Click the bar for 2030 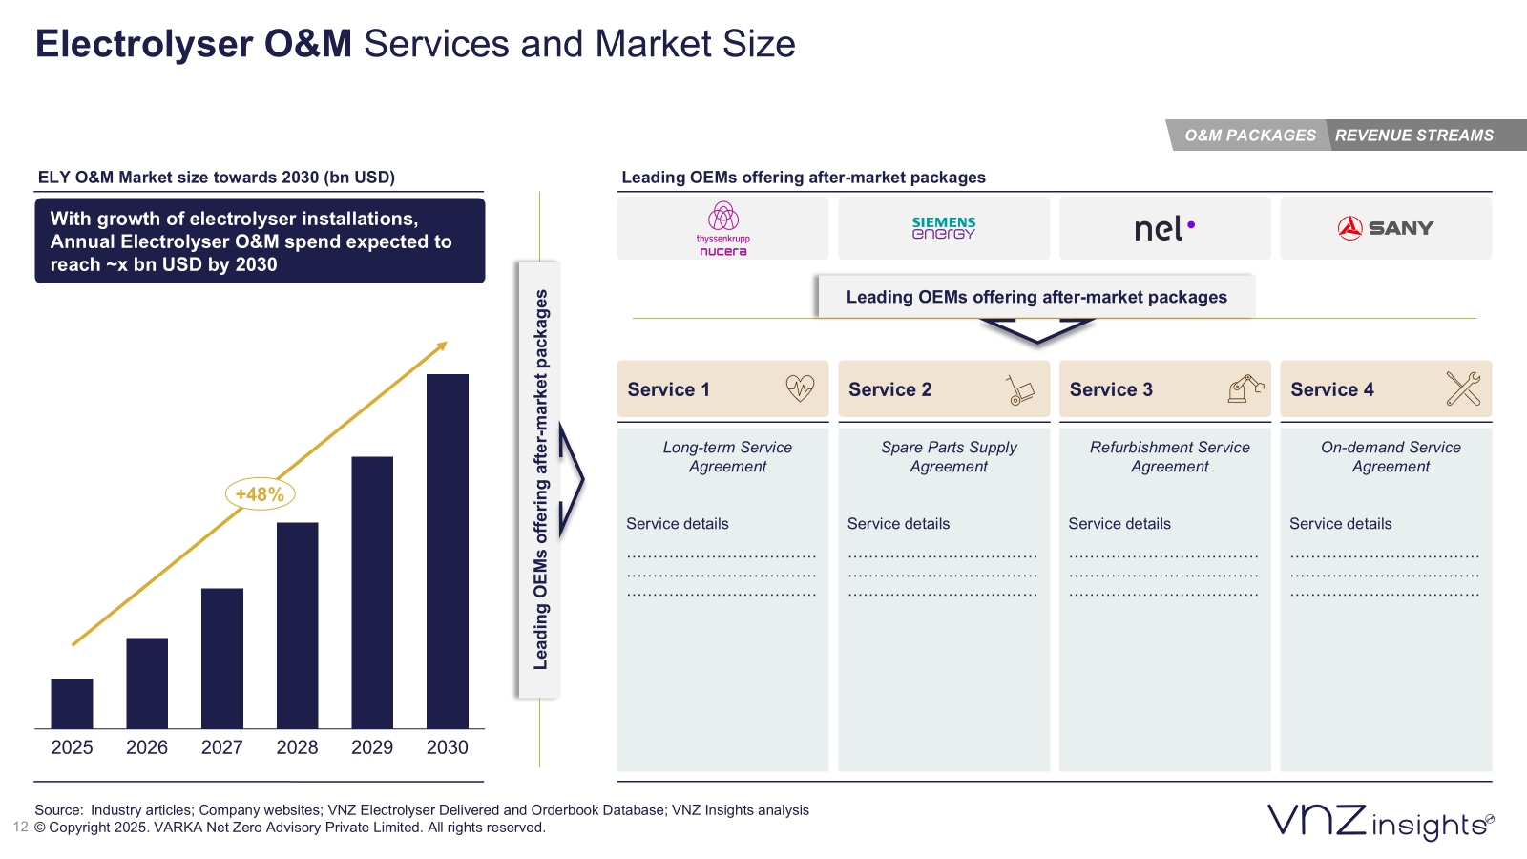(447, 551)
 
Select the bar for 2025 (72, 703)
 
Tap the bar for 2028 (297, 625)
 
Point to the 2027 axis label (221, 747)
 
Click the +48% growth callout (260, 494)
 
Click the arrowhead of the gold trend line (442, 346)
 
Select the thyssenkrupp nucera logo (722, 229)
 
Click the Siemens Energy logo (943, 228)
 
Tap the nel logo (1163, 229)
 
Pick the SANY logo (1385, 228)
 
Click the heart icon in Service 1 (800, 388)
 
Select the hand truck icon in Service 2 (1019, 389)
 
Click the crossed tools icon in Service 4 (1463, 388)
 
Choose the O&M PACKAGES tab (1249, 136)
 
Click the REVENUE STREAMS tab (1413, 136)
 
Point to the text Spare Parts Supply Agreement (949, 456)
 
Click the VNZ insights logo (1379, 821)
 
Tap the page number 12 (20, 828)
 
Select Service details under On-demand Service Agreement (1340, 524)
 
